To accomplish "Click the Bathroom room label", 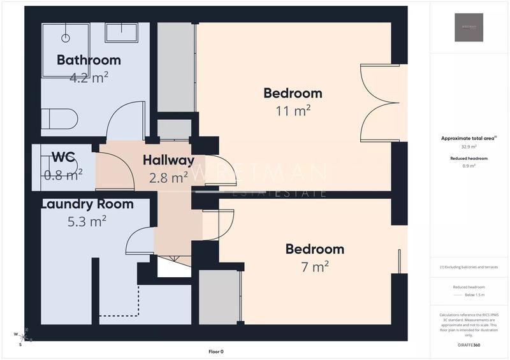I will tap(89, 61).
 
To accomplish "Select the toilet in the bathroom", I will tap(60, 119).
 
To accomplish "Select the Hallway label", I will tap(168, 160).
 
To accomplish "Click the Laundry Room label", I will tap(87, 205).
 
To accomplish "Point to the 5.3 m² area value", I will tap(87, 221).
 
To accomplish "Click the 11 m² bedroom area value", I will tap(293, 111).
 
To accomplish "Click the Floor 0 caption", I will tap(216, 351).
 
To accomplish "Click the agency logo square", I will tap(469, 27).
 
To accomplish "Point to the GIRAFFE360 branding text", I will tap(469, 344).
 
